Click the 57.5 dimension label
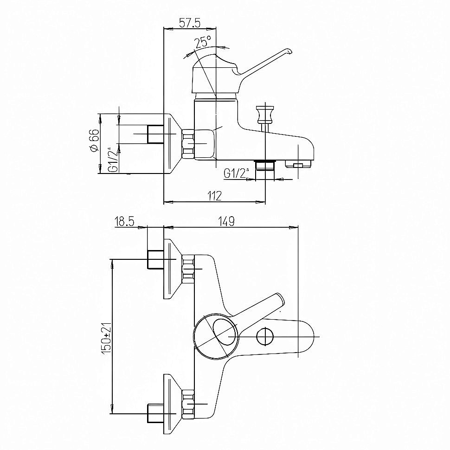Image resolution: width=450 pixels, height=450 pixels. (x=189, y=23)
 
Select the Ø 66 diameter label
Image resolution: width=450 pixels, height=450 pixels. (x=94, y=141)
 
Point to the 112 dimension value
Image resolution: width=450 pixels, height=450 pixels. (x=214, y=196)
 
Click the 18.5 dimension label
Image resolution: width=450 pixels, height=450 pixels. (x=124, y=222)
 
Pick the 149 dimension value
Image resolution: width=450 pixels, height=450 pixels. (x=226, y=221)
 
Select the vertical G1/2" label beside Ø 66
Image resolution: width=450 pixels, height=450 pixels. (x=114, y=160)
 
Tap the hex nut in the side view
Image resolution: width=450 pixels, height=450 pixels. (x=188, y=143)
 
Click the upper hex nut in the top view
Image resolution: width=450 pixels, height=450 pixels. (x=188, y=269)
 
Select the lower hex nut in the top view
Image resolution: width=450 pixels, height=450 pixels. (x=188, y=404)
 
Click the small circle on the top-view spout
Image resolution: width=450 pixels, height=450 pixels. (x=265, y=337)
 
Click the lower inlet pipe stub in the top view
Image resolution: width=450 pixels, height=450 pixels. (x=155, y=413)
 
